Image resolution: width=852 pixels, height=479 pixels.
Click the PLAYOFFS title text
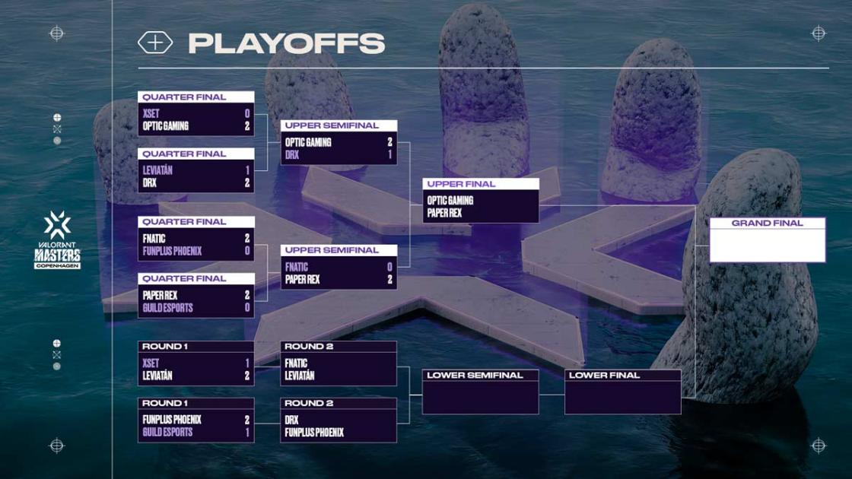pyautogui.click(x=286, y=43)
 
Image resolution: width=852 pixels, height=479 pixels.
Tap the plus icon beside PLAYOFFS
pyautogui.click(x=154, y=43)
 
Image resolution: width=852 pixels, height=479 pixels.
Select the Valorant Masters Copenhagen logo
pyautogui.click(x=57, y=239)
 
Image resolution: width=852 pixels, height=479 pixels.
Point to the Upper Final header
pyautogui.click(x=461, y=184)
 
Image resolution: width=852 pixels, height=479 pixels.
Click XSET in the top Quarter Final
pyautogui.click(x=151, y=113)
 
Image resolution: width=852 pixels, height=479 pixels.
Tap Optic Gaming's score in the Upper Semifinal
pyautogui.click(x=389, y=142)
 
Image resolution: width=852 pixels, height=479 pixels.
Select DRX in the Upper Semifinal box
pyautogui.click(x=292, y=154)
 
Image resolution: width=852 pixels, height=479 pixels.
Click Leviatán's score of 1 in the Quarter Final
pyautogui.click(x=247, y=170)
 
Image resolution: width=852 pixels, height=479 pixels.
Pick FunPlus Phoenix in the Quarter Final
pyautogui.click(x=172, y=251)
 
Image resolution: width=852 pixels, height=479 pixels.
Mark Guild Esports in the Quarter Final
pyautogui.click(x=167, y=308)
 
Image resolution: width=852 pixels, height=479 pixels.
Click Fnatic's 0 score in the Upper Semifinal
pyautogui.click(x=389, y=267)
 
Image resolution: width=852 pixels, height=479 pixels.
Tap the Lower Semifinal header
pyautogui.click(x=475, y=376)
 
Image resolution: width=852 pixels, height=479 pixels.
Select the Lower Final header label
pyautogui.click(x=604, y=376)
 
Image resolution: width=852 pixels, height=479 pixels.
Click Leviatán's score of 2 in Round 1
pyautogui.click(x=247, y=376)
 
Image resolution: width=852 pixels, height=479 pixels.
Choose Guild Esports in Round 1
pyautogui.click(x=167, y=432)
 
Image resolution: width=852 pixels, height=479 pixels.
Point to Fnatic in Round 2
pyautogui.click(x=297, y=363)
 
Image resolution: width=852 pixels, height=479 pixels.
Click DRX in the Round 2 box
pyautogui.click(x=292, y=420)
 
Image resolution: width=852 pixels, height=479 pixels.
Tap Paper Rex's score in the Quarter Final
pyautogui.click(x=247, y=295)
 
